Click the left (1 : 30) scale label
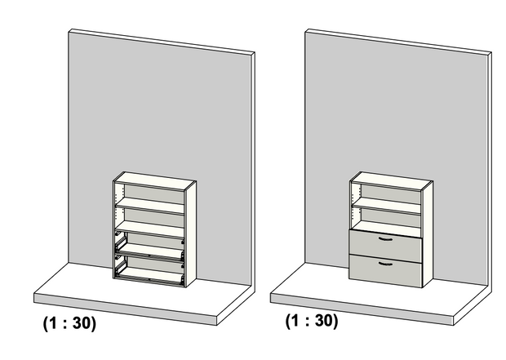click(x=69, y=323)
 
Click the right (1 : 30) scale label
click(x=311, y=320)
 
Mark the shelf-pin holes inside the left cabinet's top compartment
click(x=122, y=196)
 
